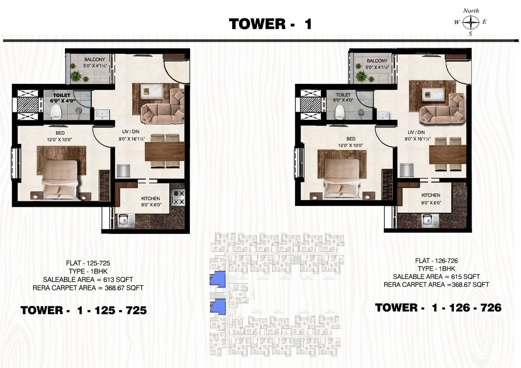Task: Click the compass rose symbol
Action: [x=471, y=22]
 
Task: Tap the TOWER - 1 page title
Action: [x=270, y=24]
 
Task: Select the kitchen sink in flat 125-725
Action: [x=126, y=220]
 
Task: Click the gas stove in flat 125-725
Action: [x=178, y=198]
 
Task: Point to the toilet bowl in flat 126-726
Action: [x=340, y=112]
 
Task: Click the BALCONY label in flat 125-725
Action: [x=95, y=60]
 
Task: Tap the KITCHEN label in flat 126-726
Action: [x=431, y=195]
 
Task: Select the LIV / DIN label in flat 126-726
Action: [x=416, y=132]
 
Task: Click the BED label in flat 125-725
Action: [x=60, y=133]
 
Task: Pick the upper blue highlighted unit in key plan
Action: [x=218, y=279]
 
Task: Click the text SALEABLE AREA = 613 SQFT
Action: [x=88, y=279]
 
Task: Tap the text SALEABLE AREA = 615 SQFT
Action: [x=436, y=277]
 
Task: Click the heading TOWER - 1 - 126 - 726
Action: [x=438, y=308]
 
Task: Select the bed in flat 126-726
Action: [x=342, y=179]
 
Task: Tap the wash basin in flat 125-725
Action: [x=102, y=115]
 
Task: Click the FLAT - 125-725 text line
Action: [x=88, y=263]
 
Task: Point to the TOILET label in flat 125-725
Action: [x=62, y=95]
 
